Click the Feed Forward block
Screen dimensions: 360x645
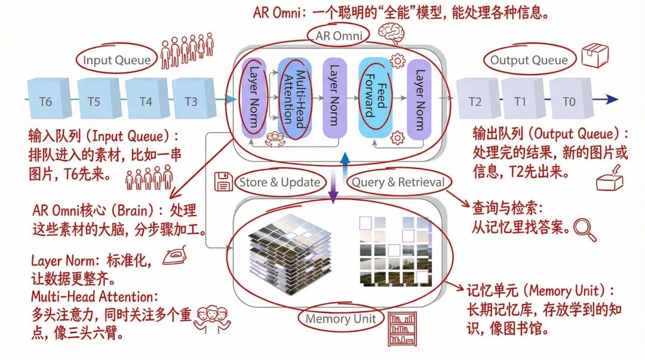click(375, 99)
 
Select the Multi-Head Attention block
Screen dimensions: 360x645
click(294, 99)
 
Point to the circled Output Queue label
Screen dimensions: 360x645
click(529, 60)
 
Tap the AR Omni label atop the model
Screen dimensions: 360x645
click(339, 36)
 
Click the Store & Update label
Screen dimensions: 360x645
click(280, 182)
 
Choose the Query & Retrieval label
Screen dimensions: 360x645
click(398, 182)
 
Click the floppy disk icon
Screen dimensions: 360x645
click(223, 182)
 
